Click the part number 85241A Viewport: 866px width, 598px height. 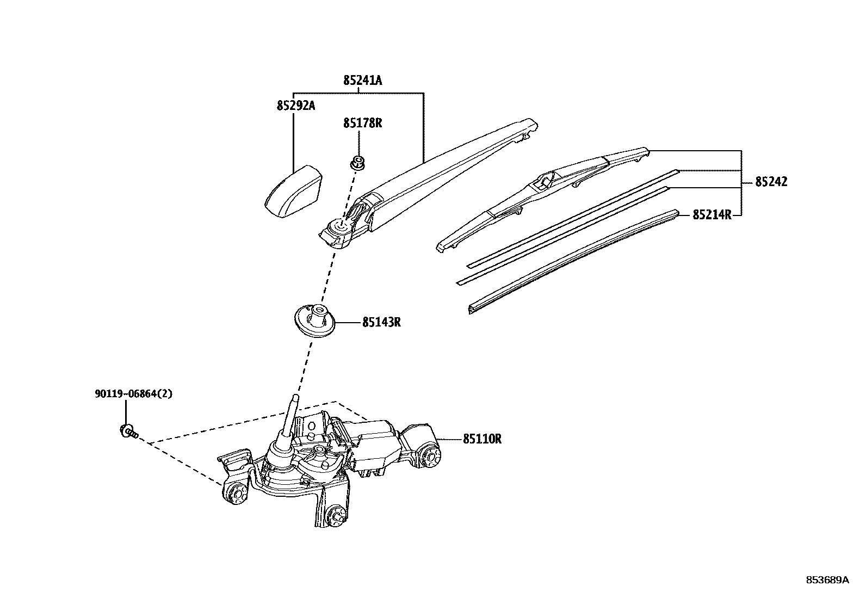tap(362, 81)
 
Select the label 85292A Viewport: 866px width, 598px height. tap(295, 106)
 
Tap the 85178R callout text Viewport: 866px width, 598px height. tap(362, 123)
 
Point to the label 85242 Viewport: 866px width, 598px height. tap(770, 182)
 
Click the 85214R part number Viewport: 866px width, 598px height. tap(712, 215)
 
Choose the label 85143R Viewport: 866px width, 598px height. tap(381, 322)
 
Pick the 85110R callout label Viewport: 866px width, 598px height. tap(482, 439)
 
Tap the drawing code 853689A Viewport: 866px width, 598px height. tap(827, 579)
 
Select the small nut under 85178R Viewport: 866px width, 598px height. tap(357, 162)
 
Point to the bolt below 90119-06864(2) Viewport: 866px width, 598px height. tap(128, 432)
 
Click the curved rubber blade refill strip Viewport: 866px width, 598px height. tap(571, 261)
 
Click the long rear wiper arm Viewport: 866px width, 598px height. tap(435, 174)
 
